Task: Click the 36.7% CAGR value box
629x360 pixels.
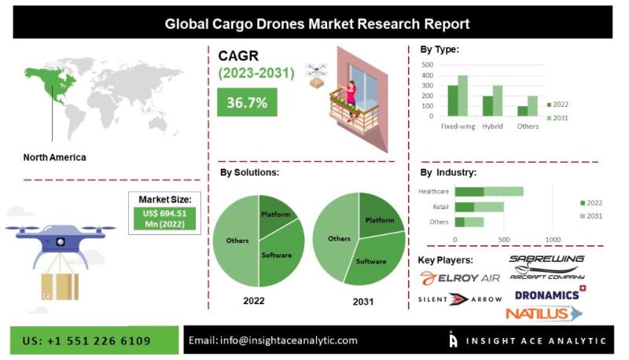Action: [247, 102]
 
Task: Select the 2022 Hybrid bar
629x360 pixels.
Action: [487, 105]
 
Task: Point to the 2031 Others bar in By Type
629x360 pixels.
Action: [532, 105]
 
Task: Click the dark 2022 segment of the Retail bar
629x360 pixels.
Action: [465, 207]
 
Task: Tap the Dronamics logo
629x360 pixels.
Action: [549, 295]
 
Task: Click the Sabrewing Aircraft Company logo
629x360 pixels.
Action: [547, 266]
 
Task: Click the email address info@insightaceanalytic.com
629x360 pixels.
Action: [273, 340]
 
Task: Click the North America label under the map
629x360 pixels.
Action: [55, 157]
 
